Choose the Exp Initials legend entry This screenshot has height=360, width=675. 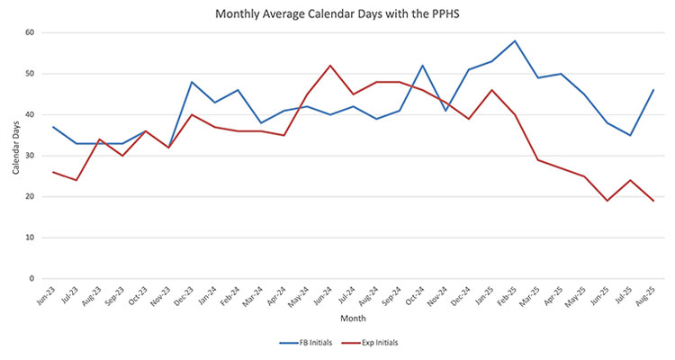pyautogui.click(x=378, y=343)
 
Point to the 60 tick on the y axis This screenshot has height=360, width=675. pyautogui.click(x=30, y=32)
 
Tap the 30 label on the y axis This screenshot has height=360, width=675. pyautogui.click(x=30, y=156)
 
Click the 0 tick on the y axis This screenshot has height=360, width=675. pyautogui.click(x=32, y=279)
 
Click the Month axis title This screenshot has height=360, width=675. pyautogui.click(x=352, y=319)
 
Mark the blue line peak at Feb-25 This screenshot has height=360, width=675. pyautogui.click(x=515, y=40)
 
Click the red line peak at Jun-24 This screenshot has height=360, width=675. pyautogui.click(x=330, y=66)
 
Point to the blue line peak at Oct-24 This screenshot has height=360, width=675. pyautogui.click(x=422, y=66)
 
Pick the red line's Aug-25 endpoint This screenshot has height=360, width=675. pyautogui.click(x=652, y=201)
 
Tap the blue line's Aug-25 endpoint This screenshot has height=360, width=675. pyautogui.click(x=652, y=90)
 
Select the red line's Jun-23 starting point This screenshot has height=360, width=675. pyautogui.click(x=53, y=172)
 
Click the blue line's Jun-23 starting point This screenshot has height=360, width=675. pyautogui.click(x=53, y=127)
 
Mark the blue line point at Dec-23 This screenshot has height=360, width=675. pyautogui.click(x=192, y=82)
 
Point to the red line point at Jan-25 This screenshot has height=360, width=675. pyautogui.click(x=491, y=90)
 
